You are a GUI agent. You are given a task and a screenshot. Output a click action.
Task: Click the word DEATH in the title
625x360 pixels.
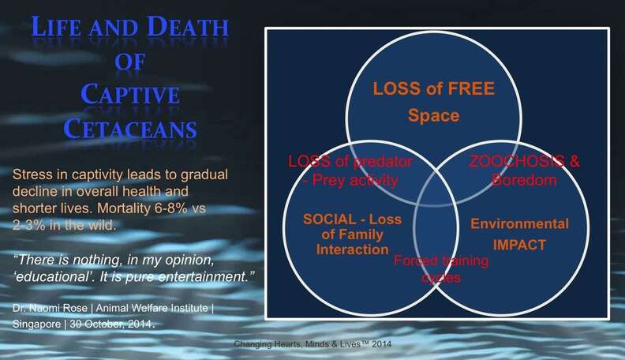tap(187, 27)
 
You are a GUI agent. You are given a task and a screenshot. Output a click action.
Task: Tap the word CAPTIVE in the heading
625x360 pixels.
tap(130, 94)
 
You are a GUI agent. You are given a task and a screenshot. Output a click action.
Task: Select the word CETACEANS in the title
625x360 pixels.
tap(130, 129)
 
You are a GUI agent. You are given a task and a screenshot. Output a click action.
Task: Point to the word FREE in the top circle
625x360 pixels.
tap(471, 88)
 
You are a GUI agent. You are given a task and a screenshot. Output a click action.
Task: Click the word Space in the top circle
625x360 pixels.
tap(433, 115)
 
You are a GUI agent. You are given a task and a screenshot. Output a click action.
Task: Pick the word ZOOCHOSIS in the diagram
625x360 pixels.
tap(517, 161)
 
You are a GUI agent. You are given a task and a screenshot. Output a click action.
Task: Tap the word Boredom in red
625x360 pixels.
tap(524, 180)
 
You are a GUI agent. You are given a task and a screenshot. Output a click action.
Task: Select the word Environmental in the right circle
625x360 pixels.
tap(519, 223)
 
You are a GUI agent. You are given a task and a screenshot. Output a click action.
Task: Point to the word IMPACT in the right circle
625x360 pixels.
tap(519, 245)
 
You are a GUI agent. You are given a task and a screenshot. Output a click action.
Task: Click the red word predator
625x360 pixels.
tap(382, 162)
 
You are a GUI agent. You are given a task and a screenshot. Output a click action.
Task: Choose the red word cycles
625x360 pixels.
tap(441, 277)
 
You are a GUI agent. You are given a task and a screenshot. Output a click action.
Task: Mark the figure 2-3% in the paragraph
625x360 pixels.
tap(29, 225)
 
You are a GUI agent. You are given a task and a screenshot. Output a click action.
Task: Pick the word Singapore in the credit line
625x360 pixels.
tap(36, 324)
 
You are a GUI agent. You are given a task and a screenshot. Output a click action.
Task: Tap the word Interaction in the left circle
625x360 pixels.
tap(353, 249)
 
